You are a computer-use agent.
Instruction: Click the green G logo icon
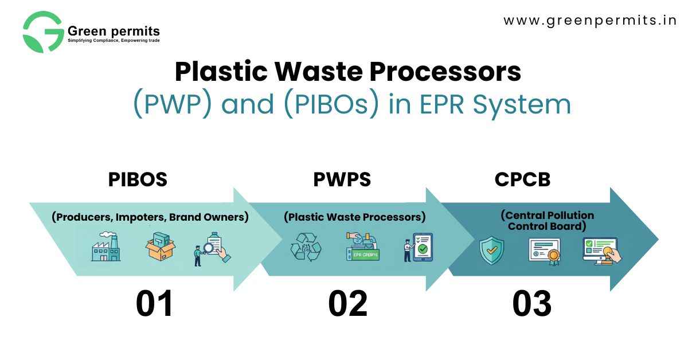43,32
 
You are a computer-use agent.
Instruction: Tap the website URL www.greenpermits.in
590,21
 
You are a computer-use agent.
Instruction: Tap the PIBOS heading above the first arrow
138,179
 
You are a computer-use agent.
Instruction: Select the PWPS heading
342,179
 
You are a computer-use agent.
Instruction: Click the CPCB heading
522,179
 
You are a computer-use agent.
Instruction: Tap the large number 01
154,304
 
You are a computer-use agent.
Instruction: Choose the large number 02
347,304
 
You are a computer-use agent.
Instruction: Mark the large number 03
531,304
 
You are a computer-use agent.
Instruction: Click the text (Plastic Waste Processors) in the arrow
354,217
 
